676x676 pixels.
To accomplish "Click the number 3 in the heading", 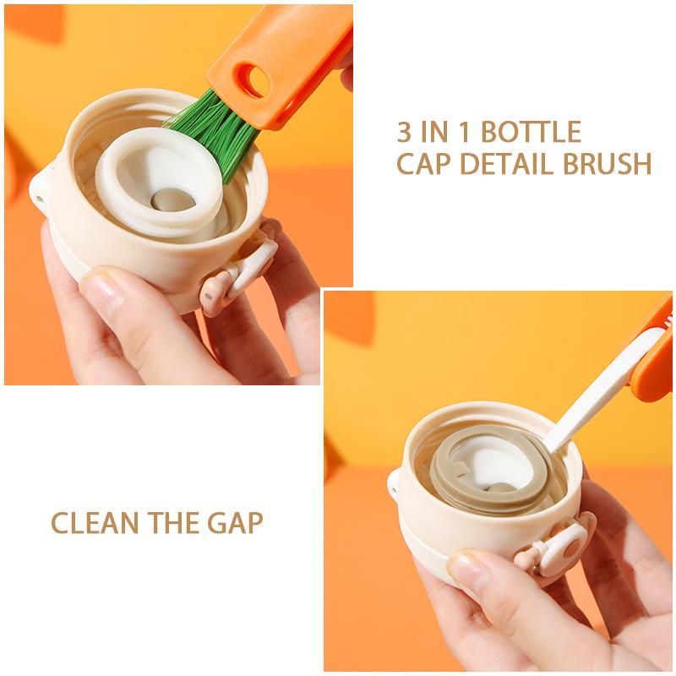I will pos(405,132).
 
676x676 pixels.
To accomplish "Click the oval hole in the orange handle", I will pos(256,80).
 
